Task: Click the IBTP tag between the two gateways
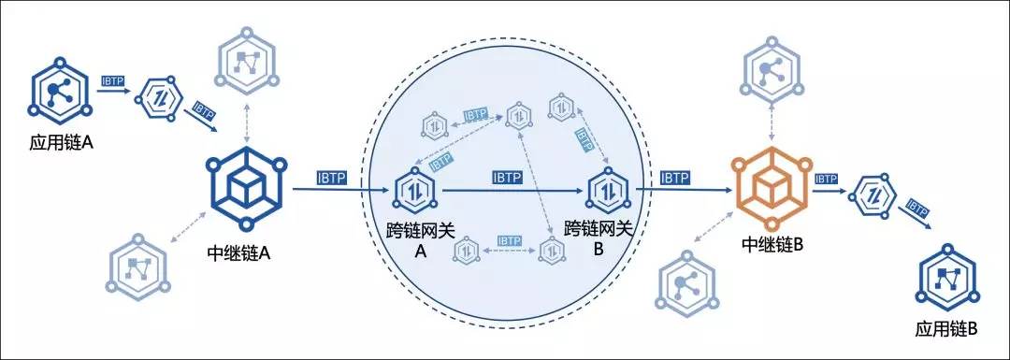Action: pos(509,178)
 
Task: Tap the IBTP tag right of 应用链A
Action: pos(113,81)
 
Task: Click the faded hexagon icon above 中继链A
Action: pos(248,62)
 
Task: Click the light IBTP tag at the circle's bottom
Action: pos(510,240)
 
